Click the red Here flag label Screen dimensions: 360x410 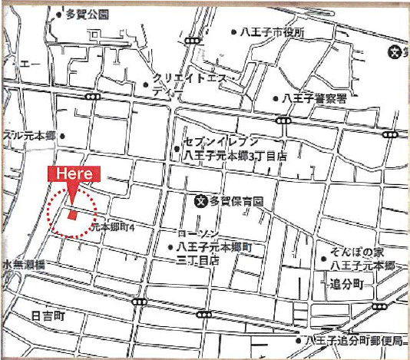(x=71, y=174)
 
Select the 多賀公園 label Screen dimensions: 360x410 (x=88, y=15)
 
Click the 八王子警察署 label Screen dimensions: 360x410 (x=315, y=98)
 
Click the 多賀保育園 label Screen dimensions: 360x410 (x=237, y=201)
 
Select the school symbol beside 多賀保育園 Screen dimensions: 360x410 (x=200, y=201)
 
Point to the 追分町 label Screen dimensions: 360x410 (x=346, y=282)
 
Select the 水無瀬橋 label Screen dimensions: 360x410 (x=24, y=264)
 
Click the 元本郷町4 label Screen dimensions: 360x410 (x=114, y=228)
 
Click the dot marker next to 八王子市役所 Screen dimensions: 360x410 (x=234, y=32)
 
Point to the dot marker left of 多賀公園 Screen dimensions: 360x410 (x=60, y=15)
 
